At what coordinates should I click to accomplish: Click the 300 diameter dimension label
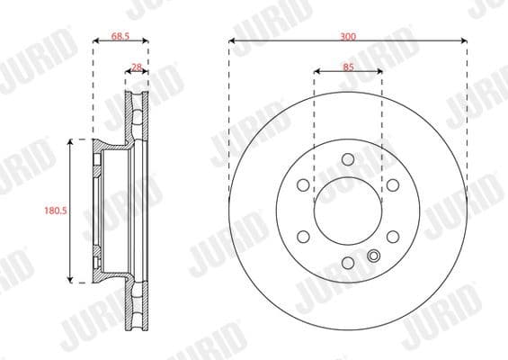point(348,35)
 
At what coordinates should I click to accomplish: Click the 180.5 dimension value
point(57,211)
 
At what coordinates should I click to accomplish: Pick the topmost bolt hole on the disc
point(348,159)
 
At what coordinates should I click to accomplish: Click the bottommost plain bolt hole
point(348,263)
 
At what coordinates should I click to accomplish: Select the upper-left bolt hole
point(303,184)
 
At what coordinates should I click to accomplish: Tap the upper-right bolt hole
point(393,184)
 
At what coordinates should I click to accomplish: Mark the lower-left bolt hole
point(303,237)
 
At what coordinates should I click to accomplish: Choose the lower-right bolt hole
point(393,237)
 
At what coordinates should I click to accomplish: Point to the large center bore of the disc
point(348,211)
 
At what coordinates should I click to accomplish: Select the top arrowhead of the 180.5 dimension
point(72,142)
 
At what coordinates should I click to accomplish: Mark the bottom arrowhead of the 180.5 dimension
point(72,280)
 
